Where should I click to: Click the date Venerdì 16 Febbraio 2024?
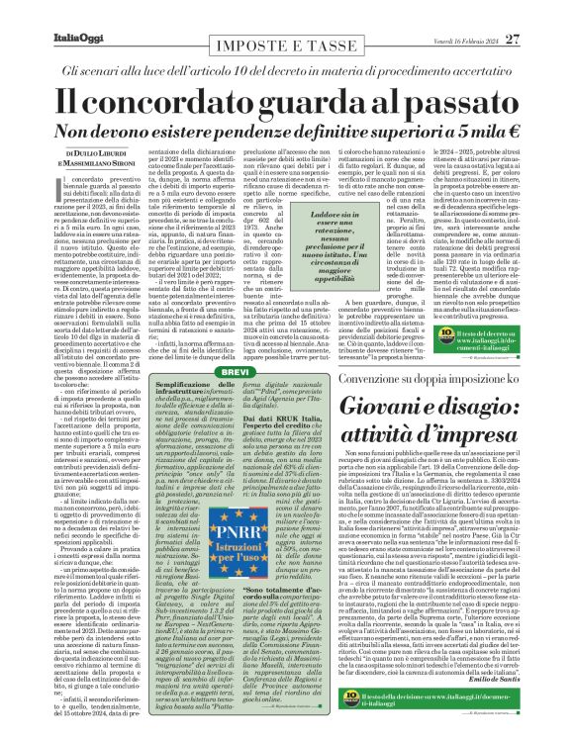(x=493, y=12)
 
